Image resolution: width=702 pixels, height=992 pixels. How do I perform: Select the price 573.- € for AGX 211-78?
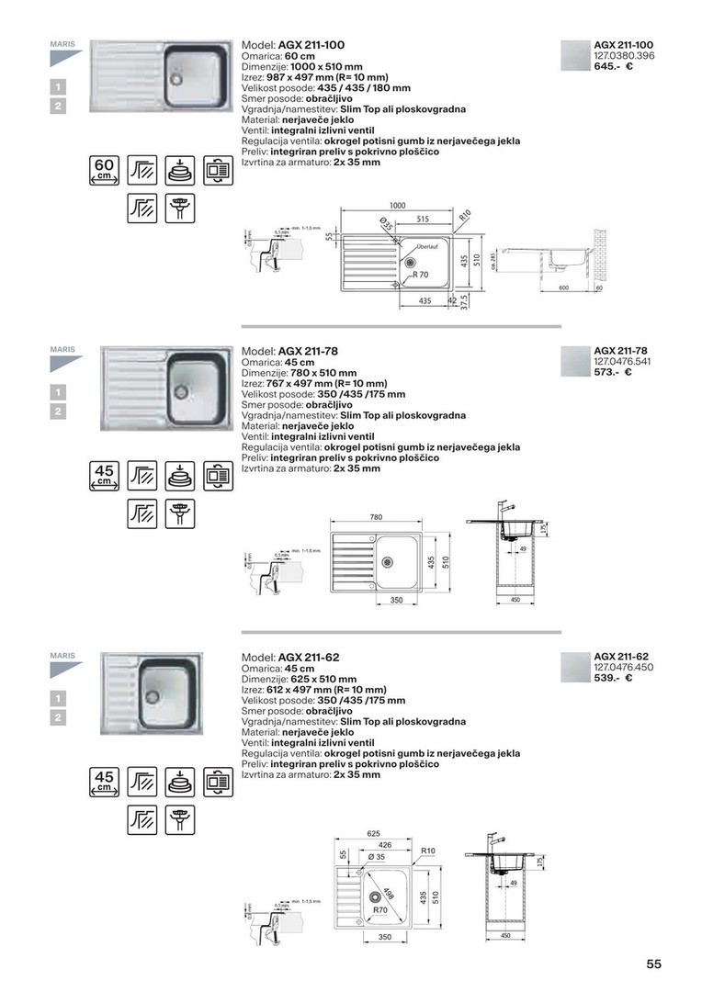(614, 372)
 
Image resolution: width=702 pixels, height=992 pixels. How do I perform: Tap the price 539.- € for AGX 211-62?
(614, 678)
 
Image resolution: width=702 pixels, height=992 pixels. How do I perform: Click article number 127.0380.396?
(624, 56)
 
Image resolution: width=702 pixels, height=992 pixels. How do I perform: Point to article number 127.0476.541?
(624, 361)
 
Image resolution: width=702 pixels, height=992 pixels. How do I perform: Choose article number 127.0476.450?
(624, 667)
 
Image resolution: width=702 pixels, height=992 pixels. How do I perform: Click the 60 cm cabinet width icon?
(104, 171)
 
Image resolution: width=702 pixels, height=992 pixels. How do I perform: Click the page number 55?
(653, 964)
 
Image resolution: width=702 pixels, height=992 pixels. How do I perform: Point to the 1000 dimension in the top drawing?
(397, 207)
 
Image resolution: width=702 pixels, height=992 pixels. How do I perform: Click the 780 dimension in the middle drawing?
(376, 518)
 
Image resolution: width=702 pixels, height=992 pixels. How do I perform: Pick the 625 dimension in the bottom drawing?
(373, 833)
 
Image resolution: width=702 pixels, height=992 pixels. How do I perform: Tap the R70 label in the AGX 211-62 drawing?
(379, 909)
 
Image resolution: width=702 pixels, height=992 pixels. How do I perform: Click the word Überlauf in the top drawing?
(427, 246)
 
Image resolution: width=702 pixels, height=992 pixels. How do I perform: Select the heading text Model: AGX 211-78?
(293, 351)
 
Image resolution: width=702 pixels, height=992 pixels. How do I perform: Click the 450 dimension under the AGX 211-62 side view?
(505, 936)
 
